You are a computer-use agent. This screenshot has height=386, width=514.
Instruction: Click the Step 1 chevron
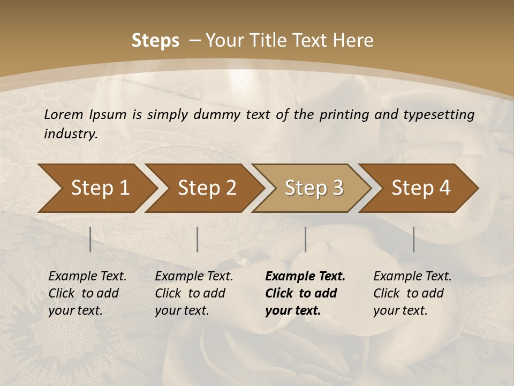point(100,188)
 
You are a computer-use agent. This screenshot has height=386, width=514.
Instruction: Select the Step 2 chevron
point(207,188)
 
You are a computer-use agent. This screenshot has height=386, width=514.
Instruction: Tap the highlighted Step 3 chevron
point(314,188)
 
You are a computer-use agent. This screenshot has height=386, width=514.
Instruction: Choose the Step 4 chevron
point(421,188)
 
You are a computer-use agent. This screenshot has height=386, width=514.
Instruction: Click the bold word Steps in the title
point(155,41)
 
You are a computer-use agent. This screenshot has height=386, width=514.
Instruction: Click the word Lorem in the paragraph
point(63,114)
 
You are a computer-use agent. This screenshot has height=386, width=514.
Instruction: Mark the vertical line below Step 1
point(90,239)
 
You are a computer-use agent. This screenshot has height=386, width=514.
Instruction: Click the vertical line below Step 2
point(198,239)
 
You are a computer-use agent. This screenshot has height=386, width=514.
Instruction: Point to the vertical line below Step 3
point(306,239)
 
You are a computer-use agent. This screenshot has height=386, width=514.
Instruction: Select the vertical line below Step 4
point(414,239)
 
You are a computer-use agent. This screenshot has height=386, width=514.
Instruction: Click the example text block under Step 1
point(87,293)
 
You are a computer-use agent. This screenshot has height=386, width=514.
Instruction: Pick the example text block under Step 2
point(194,293)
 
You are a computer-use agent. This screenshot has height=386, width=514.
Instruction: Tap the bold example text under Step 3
point(305,293)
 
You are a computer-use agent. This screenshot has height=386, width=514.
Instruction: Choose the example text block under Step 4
point(412,293)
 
